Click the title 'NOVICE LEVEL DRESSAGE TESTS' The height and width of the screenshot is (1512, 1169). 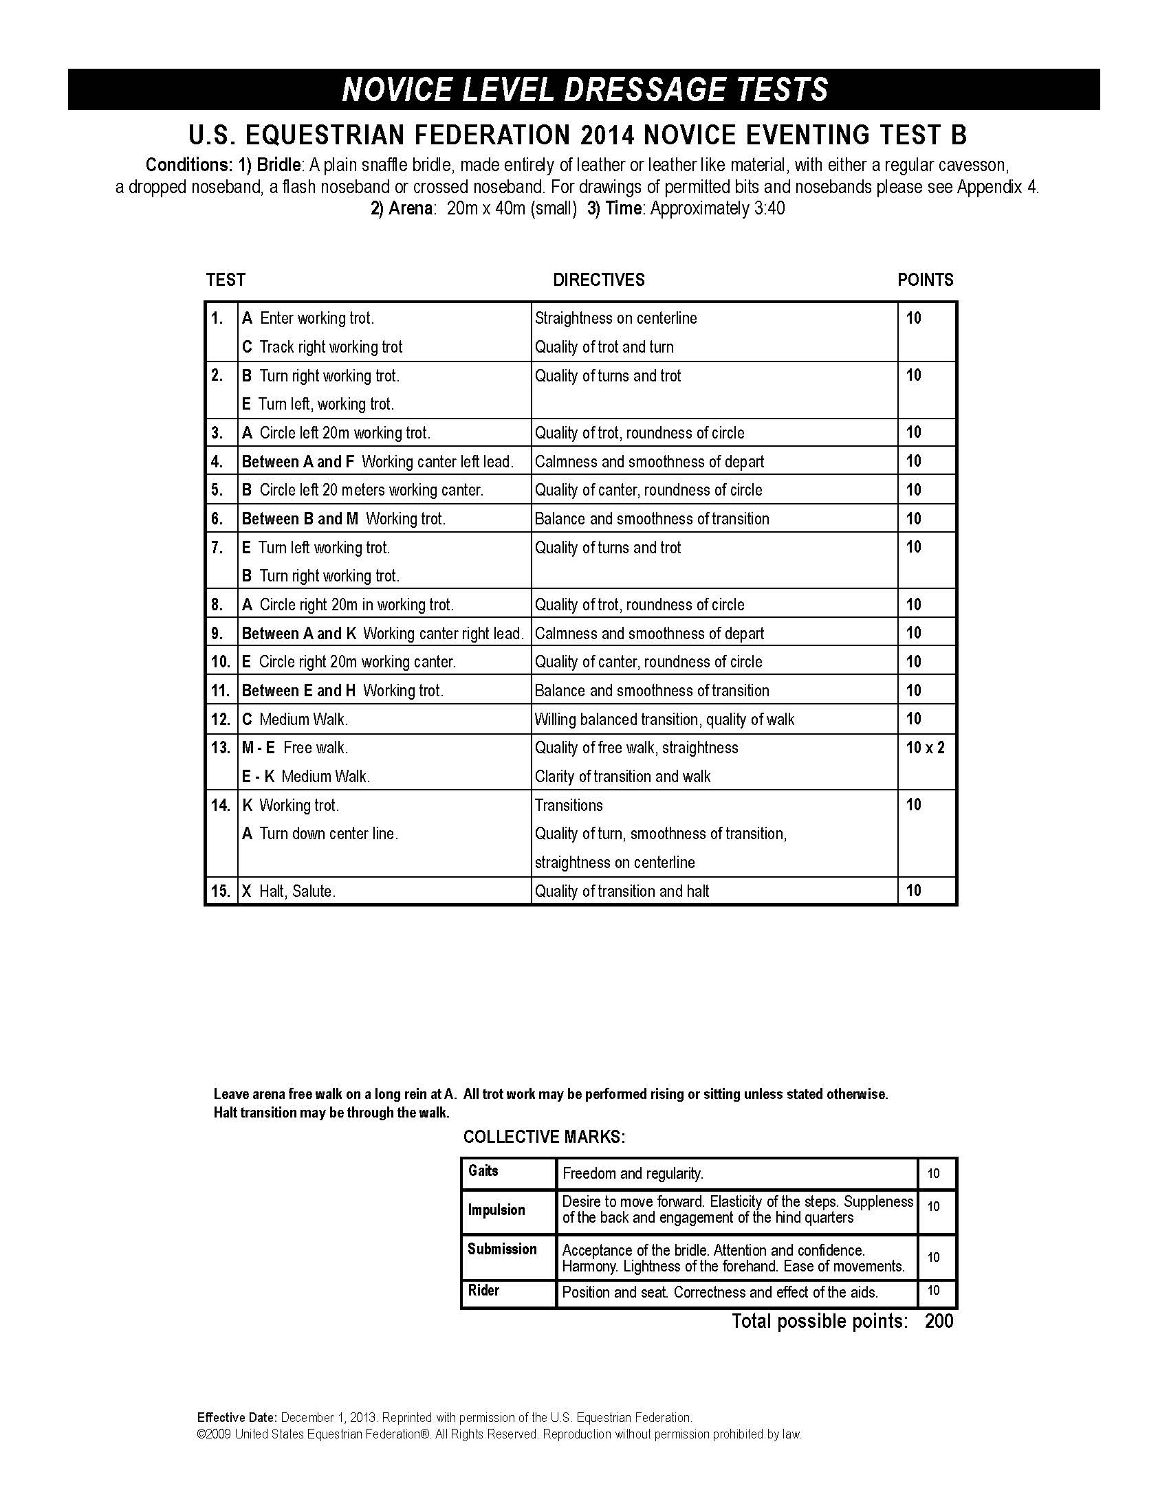point(584,89)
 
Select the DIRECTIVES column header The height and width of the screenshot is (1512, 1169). point(598,280)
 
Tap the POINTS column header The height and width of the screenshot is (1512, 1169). point(925,280)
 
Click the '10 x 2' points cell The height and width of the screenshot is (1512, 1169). point(924,748)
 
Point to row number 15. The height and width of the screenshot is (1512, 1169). point(220,891)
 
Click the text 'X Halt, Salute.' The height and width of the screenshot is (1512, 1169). point(289,891)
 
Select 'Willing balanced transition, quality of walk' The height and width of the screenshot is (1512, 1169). point(664,720)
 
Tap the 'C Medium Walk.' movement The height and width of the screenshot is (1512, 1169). point(295,720)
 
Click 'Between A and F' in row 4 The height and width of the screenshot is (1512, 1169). point(298,462)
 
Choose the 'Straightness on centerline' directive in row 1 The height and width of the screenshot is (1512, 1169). point(615,318)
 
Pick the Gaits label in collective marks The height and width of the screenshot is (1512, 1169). point(483,1170)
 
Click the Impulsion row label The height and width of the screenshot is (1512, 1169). point(496,1210)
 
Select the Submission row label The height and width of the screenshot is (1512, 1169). point(502,1249)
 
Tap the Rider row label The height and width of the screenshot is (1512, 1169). point(483,1290)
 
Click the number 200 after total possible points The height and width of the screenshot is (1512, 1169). point(939,1321)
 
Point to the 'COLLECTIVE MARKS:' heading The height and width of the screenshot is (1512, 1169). point(545,1137)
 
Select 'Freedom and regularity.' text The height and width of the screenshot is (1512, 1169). point(633,1173)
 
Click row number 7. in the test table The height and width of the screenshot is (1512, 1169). point(217,548)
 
